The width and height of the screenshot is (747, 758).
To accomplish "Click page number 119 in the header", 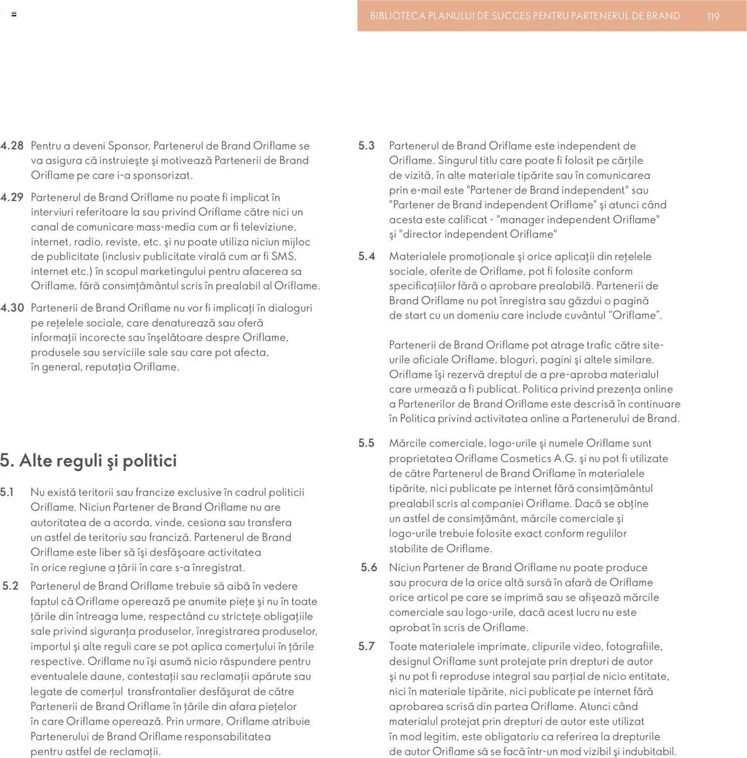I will (x=713, y=17).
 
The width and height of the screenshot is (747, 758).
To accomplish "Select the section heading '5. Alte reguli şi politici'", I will (x=88, y=460).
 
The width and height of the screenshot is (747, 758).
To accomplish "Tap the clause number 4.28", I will (x=12, y=146).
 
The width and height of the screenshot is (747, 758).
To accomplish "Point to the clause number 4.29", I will (x=12, y=197).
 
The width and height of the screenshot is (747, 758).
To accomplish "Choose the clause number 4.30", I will (x=12, y=308).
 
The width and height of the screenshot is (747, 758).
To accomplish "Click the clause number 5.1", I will (x=7, y=492).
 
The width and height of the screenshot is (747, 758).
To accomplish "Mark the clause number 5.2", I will (x=11, y=586).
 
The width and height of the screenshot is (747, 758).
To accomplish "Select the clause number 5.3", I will (x=366, y=146).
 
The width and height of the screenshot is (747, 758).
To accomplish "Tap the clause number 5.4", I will (x=366, y=256).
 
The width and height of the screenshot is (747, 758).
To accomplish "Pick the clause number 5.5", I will (x=366, y=443).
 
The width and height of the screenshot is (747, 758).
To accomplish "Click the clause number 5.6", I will (x=369, y=567).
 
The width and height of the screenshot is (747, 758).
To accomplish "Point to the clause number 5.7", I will (x=366, y=647).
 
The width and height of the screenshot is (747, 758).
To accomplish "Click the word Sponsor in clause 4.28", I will (x=128, y=146).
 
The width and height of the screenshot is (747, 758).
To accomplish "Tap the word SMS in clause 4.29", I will (x=284, y=256).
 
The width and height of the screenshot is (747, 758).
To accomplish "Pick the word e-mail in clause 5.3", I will (x=425, y=190).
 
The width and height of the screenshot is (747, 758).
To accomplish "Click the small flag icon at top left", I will (x=14, y=14).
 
